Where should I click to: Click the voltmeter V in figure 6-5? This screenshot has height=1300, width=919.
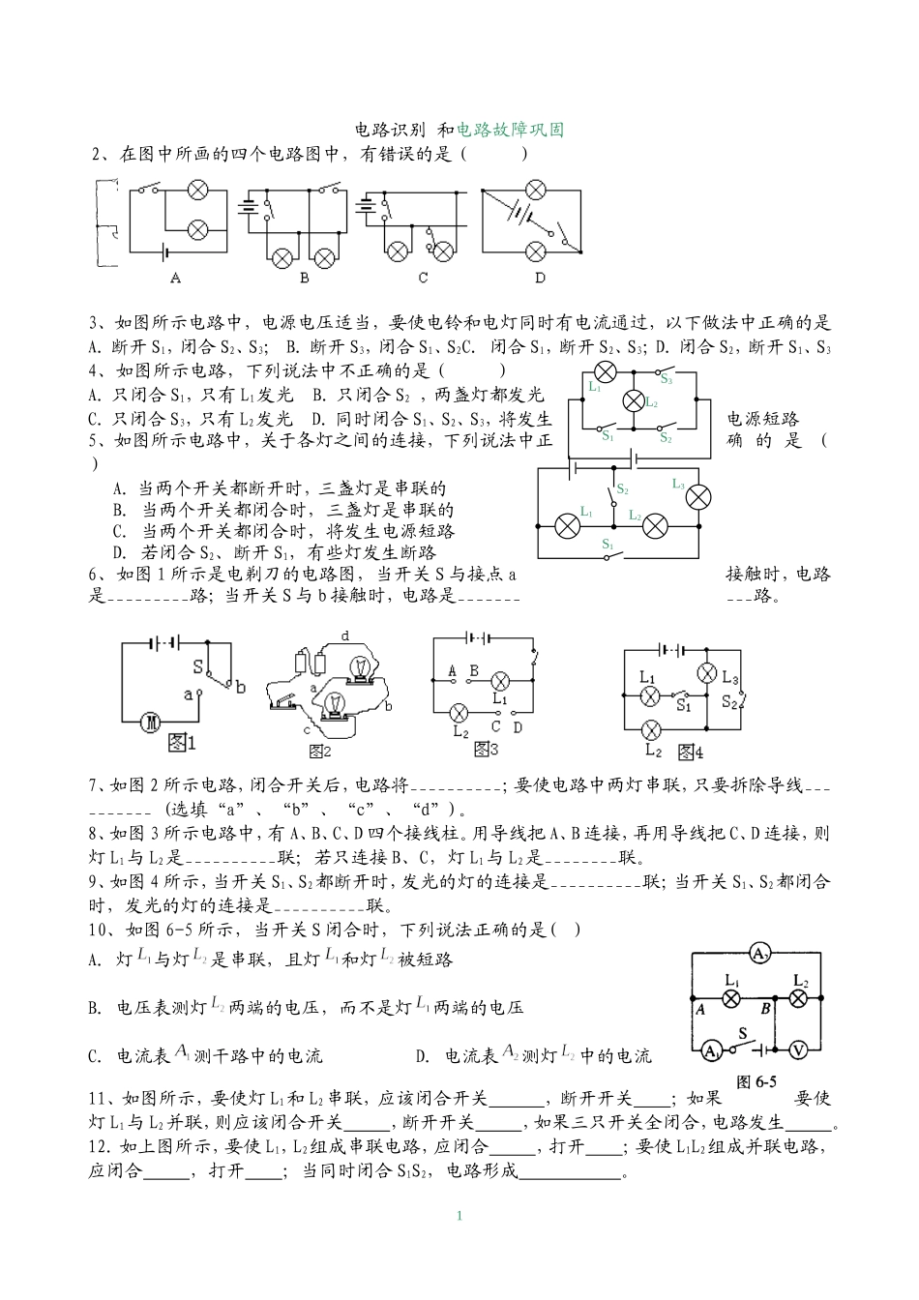pos(799,1049)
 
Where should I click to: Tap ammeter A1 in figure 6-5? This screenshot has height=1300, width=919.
pos(710,1049)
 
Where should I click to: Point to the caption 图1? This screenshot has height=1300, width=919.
pos(182,742)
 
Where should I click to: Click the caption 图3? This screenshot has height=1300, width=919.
pos(486,748)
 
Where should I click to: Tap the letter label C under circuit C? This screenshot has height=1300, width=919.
pos(423,278)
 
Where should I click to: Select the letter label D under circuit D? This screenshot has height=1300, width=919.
pos(540,278)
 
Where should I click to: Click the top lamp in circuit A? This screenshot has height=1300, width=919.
pos(197,190)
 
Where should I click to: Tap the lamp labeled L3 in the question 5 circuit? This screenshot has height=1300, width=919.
pos(697,496)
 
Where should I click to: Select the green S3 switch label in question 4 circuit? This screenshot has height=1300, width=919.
pos(667,380)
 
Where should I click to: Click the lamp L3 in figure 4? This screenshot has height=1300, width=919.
pos(707,672)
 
